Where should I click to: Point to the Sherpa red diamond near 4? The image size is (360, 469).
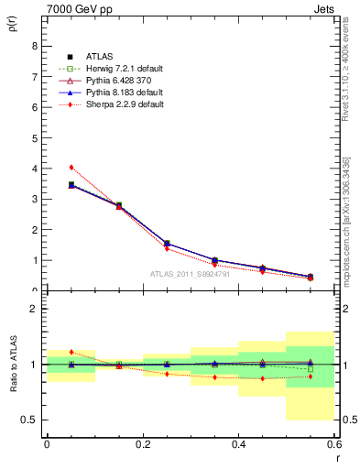pos(71,167)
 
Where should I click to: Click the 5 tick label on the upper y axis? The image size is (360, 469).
pos(34,137)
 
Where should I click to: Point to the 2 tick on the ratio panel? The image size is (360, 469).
pos(34,309)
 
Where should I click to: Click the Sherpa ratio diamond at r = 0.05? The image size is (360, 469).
pos(71,352)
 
